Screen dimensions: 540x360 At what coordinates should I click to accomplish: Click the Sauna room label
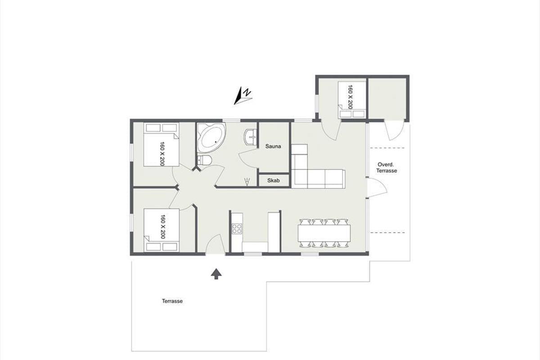tap(273, 146)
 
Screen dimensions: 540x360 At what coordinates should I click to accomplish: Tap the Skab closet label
tap(274, 180)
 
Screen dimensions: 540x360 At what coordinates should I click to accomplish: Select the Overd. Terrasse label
tap(387, 167)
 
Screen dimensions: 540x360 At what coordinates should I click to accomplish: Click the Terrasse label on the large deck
tap(172, 301)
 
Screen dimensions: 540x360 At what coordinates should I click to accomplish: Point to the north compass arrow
tap(243, 96)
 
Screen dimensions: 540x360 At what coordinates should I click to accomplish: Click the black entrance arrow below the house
tap(216, 274)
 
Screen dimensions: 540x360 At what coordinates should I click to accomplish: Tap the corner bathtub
tap(211, 138)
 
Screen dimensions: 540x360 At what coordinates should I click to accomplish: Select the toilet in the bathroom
tap(204, 160)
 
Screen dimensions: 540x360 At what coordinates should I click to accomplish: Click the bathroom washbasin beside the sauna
tap(251, 137)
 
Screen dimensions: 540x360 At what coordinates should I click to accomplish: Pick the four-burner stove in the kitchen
tap(237, 229)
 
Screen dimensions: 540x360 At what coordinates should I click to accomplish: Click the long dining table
tap(324, 233)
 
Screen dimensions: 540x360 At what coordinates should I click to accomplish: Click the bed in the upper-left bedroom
tap(161, 144)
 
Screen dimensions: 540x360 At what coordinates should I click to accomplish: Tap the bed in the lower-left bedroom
tap(162, 230)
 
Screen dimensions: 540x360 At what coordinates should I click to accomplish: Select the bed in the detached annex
tap(352, 100)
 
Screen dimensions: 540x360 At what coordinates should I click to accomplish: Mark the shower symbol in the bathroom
tap(247, 181)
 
